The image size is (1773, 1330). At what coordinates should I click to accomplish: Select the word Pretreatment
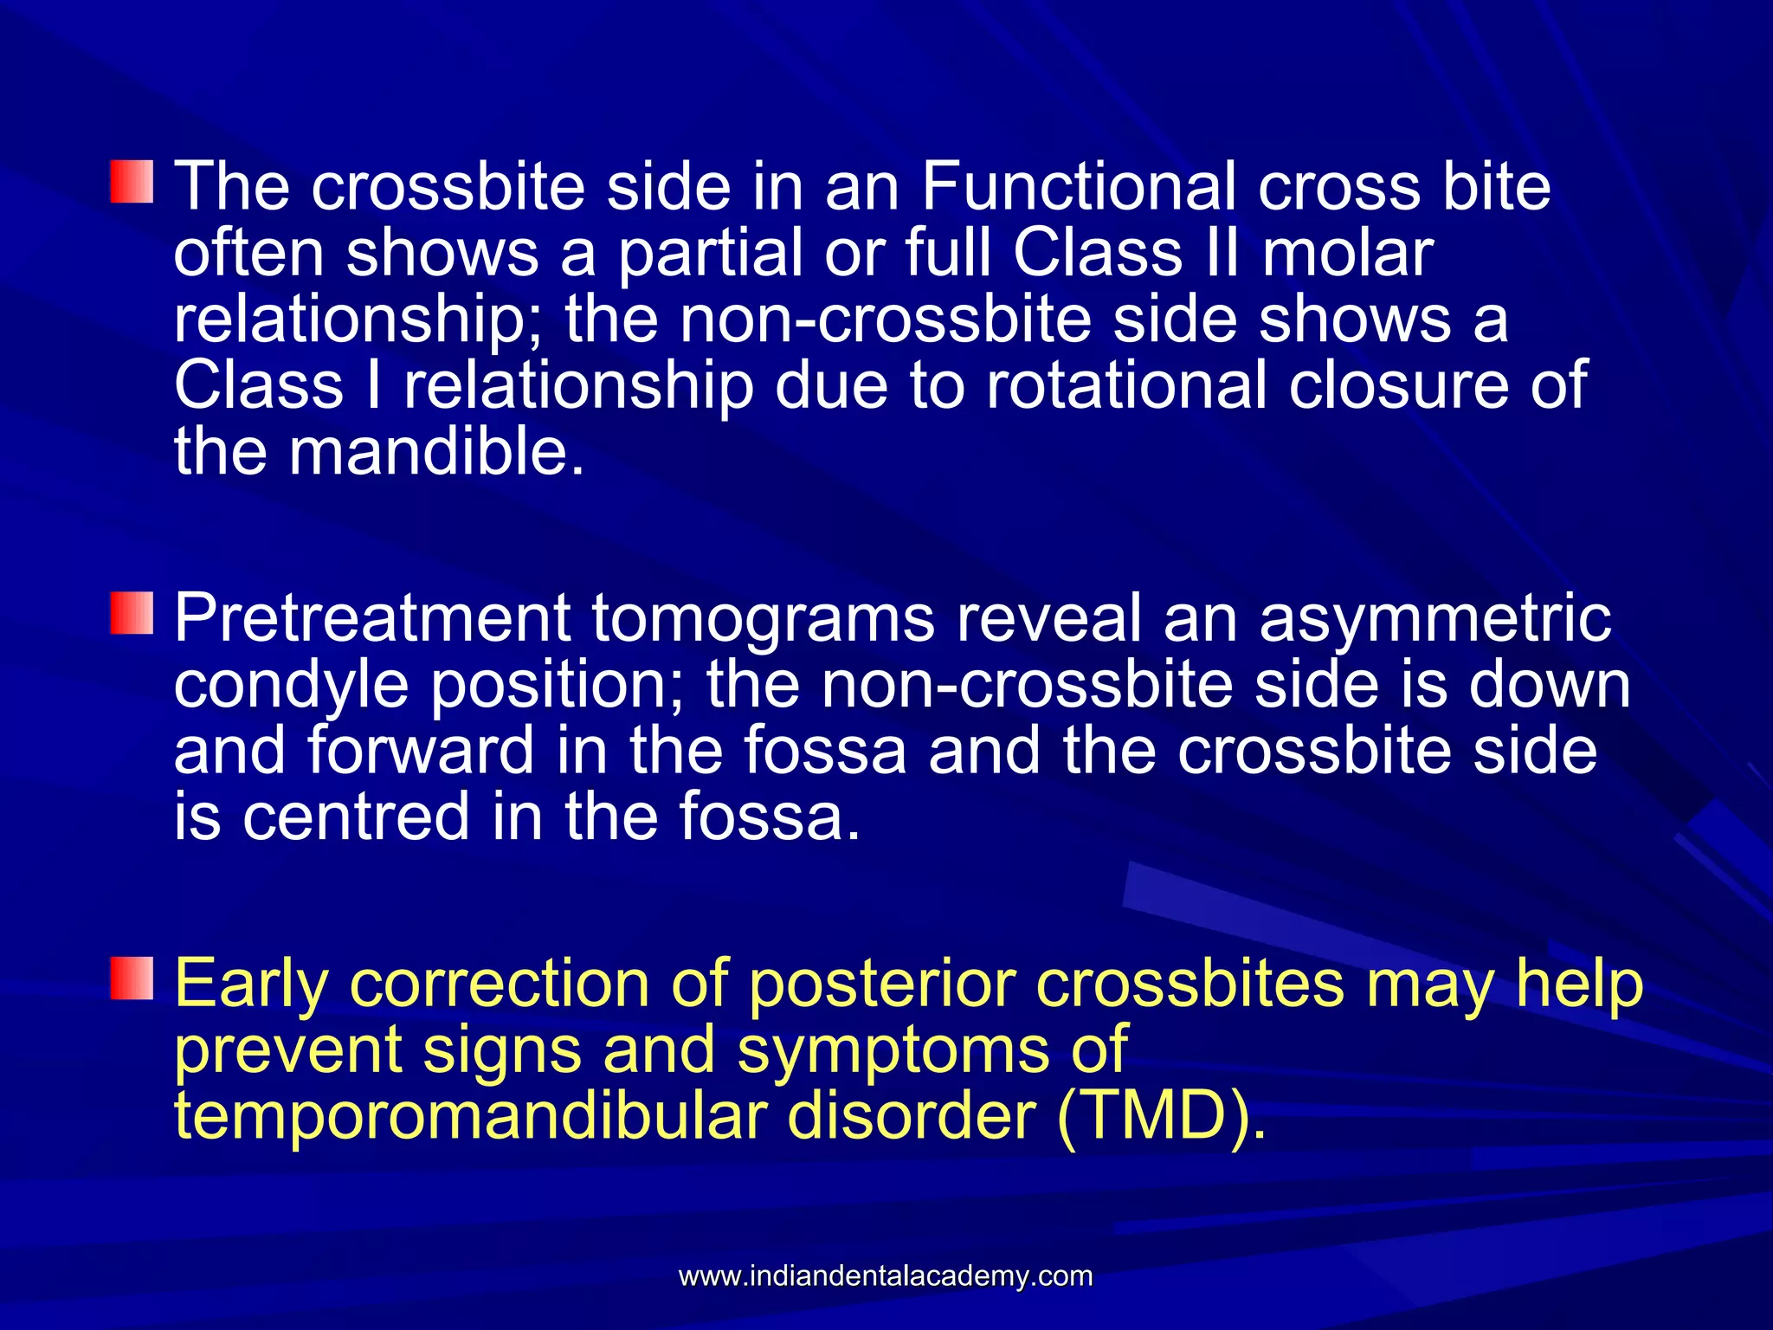click(372, 618)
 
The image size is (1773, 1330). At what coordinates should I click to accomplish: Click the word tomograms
click(764, 618)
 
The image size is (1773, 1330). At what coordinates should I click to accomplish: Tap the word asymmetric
click(1435, 618)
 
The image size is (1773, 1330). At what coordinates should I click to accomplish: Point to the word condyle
click(292, 684)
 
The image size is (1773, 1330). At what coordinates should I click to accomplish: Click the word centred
click(356, 816)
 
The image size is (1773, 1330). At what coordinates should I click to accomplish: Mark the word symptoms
click(893, 1049)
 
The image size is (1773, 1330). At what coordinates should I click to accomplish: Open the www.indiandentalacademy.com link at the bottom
click(886, 1275)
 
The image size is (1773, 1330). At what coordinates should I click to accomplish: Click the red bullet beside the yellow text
click(132, 979)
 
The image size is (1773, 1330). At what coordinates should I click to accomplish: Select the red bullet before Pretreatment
click(132, 613)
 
